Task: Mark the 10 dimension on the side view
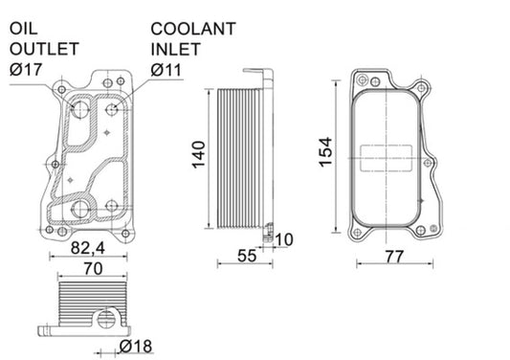click(284, 238)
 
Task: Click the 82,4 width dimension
click(88, 247)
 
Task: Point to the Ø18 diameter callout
click(138, 346)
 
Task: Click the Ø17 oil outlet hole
click(80, 112)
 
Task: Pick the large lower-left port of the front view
click(80, 208)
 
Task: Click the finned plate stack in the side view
click(240, 158)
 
